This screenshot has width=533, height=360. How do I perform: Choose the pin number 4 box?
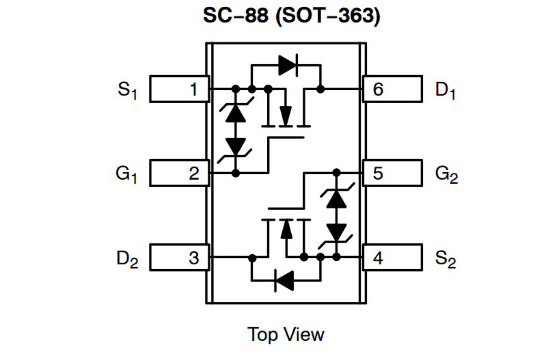[x=392, y=258]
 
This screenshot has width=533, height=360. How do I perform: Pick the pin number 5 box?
[x=392, y=174]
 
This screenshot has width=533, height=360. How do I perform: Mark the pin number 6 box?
[x=392, y=89]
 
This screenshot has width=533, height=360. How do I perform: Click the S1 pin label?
[x=127, y=90]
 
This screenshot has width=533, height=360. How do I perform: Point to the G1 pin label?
[x=126, y=175]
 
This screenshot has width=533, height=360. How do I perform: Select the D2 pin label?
[x=127, y=260]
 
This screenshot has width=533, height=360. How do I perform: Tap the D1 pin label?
[x=446, y=90]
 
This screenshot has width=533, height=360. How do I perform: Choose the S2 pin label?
[x=446, y=260]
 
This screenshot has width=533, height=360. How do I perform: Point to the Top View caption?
[x=286, y=335]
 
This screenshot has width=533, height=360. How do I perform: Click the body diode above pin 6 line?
[x=287, y=65]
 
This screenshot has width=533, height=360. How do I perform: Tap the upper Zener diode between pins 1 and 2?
[x=236, y=112]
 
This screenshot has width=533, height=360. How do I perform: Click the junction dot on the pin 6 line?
[x=320, y=89]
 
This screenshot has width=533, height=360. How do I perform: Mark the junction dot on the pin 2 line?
[x=236, y=174]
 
